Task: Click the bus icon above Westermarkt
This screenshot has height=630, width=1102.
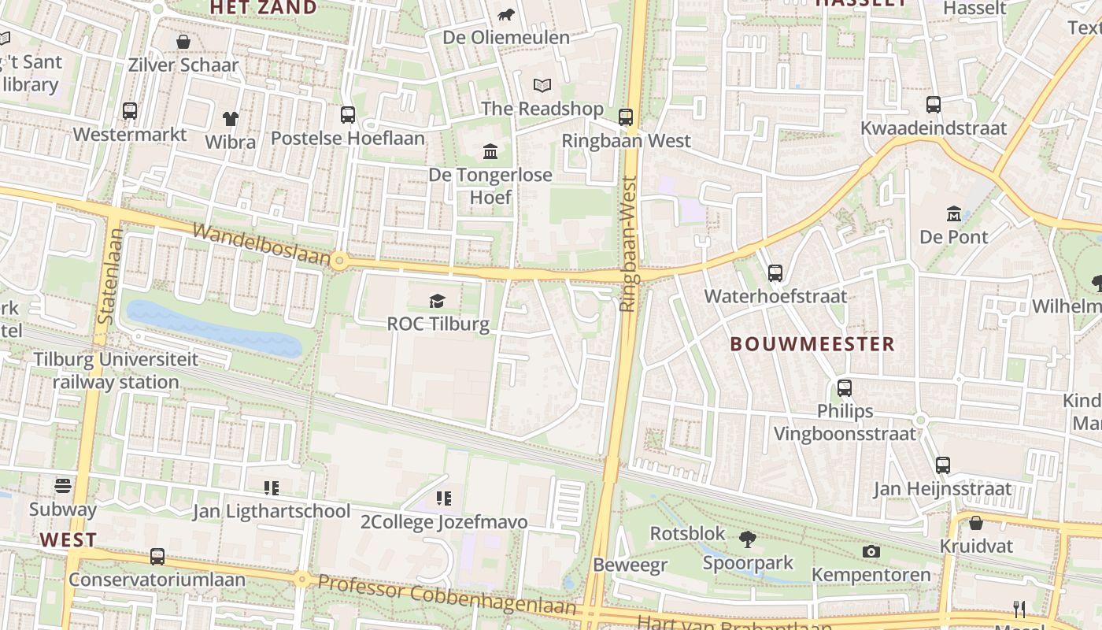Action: (x=130, y=111)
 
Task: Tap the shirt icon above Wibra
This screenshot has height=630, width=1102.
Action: (x=230, y=119)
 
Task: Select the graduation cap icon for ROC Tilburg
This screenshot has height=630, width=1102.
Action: (x=437, y=300)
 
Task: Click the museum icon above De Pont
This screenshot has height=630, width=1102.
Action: (x=954, y=213)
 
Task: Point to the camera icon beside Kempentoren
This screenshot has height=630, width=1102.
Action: (x=871, y=551)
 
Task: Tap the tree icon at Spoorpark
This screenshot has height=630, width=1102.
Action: (x=747, y=539)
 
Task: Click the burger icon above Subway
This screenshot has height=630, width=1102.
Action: (x=63, y=485)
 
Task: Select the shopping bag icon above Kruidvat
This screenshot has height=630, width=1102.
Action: (x=975, y=523)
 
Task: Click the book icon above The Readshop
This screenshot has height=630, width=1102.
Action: (x=542, y=85)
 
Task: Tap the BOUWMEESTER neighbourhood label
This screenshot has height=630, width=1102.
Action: (x=812, y=344)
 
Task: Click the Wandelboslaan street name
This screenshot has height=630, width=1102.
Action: (x=261, y=243)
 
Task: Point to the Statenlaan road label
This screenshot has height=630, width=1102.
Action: (x=109, y=276)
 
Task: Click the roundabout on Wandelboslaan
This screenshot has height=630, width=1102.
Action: (x=339, y=261)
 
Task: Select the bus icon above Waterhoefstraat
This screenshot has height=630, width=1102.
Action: (x=775, y=273)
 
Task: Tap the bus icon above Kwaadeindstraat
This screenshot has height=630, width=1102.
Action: (x=933, y=104)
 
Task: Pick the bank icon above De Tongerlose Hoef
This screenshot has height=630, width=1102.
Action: (x=490, y=150)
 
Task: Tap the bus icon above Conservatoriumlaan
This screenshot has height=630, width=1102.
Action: (x=157, y=557)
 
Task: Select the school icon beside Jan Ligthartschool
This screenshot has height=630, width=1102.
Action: (x=272, y=487)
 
